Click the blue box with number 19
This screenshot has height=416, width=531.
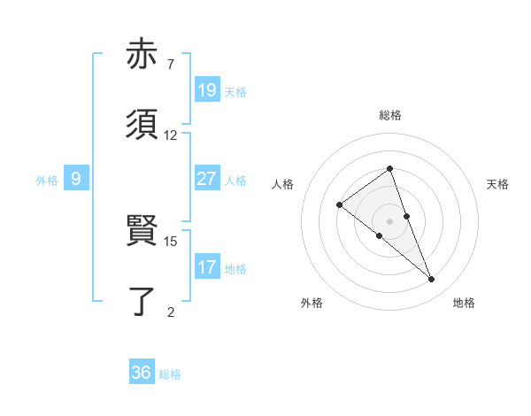(207, 89)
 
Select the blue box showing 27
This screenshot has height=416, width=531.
(207, 178)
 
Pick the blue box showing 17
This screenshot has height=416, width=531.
(207, 266)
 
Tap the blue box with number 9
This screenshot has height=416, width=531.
(76, 179)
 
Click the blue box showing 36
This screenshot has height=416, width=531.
(142, 373)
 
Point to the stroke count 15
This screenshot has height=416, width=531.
(171, 241)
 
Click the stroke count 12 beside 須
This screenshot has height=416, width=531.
(171, 135)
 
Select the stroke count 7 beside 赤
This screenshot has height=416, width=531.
(171, 65)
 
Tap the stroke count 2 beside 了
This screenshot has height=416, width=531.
(171, 312)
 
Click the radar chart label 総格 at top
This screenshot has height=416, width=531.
(390, 115)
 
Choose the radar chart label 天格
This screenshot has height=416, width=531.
(497, 184)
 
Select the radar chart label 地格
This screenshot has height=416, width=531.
(464, 303)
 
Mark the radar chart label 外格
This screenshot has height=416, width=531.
(312, 303)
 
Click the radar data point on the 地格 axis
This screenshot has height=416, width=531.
(432, 280)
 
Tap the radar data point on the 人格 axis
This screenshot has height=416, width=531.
(339, 205)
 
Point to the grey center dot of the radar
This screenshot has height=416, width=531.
(390, 221)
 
